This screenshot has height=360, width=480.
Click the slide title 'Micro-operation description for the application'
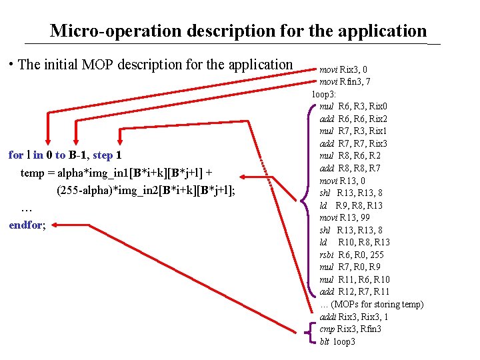click(x=238, y=31)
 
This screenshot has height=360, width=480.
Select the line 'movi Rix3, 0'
click(x=343, y=69)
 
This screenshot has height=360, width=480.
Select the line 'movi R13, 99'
click(x=345, y=217)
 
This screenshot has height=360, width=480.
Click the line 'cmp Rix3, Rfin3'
click(x=351, y=329)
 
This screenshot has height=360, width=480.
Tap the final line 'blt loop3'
click(x=337, y=341)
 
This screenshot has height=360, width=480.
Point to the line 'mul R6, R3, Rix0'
click(x=353, y=106)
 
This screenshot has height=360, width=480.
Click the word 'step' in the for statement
click(x=102, y=155)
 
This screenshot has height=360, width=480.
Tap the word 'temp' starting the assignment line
click(x=33, y=173)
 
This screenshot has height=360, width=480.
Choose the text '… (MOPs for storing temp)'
click(x=371, y=304)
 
